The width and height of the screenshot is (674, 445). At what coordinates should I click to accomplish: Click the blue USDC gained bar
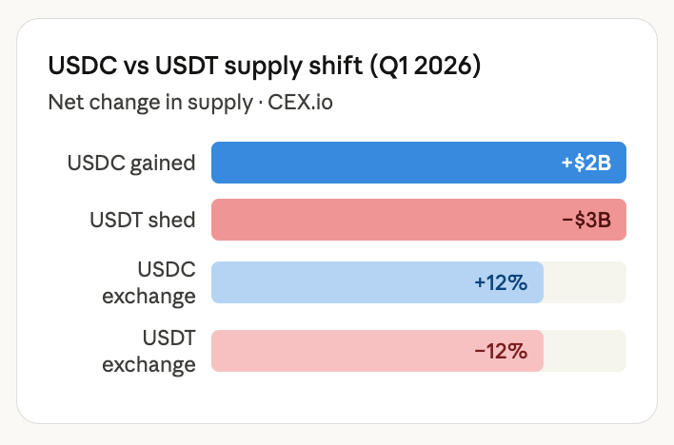point(381,163)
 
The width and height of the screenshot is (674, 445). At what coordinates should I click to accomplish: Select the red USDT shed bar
point(381,220)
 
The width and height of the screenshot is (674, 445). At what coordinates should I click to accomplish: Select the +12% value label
point(501,282)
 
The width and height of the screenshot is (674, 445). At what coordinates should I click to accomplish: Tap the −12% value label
point(501,351)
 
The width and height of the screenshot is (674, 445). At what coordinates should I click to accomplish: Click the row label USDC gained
point(131,163)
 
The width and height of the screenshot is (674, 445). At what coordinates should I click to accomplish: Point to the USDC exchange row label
point(149,282)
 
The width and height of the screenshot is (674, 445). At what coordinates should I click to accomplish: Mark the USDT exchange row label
point(149,350)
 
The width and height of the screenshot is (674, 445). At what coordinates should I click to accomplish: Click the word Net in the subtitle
point(64,102)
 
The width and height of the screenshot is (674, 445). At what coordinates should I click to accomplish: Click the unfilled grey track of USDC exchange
point(585,282)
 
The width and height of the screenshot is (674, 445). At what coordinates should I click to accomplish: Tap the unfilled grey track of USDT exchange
point(585,351)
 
